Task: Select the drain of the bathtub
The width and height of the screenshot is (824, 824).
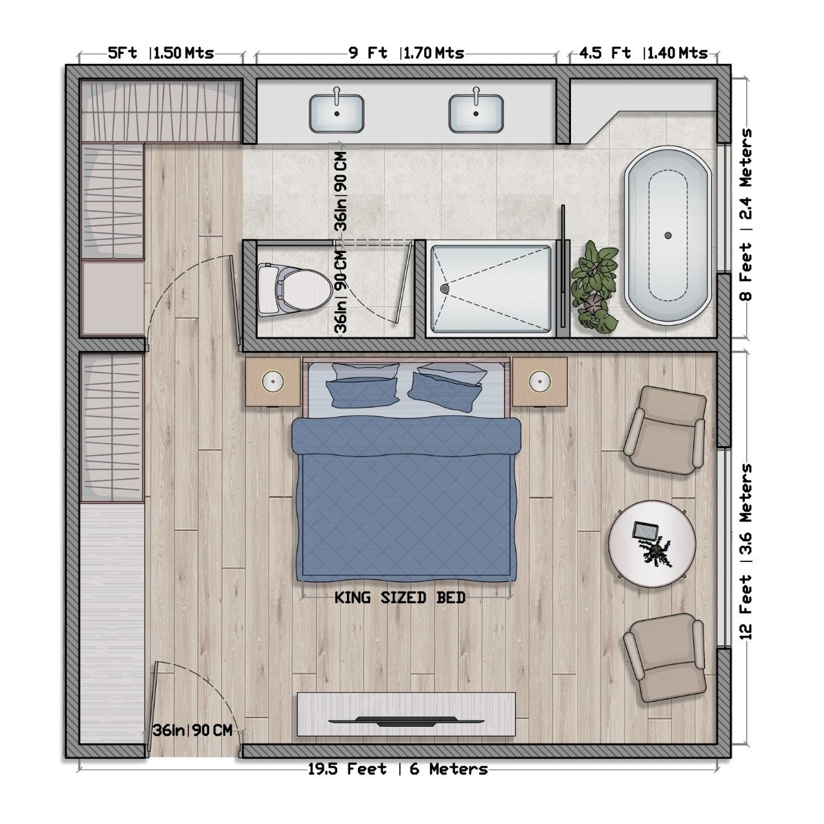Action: [668, 236]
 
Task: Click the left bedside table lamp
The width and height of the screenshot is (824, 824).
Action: [274, 381]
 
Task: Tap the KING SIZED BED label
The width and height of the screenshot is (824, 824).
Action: [400, 598]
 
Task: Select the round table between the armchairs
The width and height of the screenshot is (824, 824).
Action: [652, 543]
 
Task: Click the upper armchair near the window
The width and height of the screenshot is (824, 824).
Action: [664, 430]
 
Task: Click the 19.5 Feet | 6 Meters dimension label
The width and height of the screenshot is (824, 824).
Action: [397, 769]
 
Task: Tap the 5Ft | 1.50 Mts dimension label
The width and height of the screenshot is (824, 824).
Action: [160, 53]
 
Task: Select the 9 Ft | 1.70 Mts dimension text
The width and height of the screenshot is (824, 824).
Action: [406, 53]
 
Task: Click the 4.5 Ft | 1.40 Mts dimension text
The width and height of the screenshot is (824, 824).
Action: [642, 53]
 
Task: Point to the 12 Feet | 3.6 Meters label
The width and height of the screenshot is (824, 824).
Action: [745, 551]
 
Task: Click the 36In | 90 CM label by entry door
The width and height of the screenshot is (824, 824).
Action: [192, 730]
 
